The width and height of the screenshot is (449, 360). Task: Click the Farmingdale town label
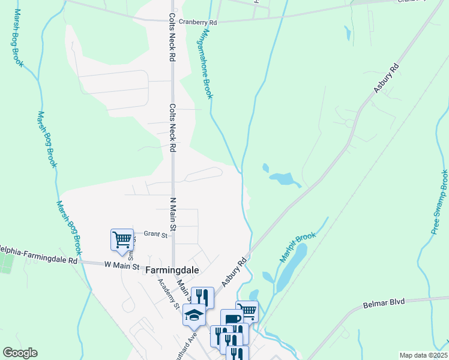point(172,271)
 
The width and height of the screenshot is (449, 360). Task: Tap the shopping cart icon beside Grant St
point(122,239)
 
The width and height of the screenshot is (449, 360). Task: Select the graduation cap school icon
point(194,315)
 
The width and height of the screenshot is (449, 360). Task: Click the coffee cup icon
point(231,319)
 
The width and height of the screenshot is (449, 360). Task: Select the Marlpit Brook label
point(297,247)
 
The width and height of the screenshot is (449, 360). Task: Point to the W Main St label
point(122,265)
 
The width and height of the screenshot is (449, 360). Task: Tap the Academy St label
point(169,293)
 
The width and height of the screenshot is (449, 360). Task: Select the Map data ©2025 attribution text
point(423,355)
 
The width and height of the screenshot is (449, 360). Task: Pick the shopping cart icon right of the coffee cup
point(247,311)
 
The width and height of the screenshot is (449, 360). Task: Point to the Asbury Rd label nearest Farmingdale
point(234,272)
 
